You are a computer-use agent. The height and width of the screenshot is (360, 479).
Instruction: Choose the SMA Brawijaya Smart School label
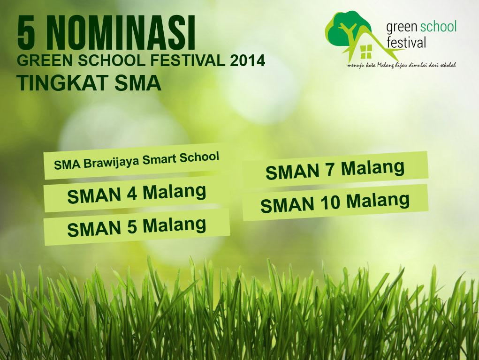(x=137, y=160)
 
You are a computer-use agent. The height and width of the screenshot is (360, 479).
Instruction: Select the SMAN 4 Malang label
(x=137, y=194)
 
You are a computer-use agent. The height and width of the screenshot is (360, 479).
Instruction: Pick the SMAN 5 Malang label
(x=137, y=226)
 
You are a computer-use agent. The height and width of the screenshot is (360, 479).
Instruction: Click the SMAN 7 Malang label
(x=335, y=169)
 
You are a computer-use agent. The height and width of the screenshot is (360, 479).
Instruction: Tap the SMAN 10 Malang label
(x=335, y=202)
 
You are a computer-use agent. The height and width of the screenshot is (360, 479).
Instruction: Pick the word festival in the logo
(x=406, y=43)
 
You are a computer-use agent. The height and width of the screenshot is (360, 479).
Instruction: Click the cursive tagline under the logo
(x=402, y=64)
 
